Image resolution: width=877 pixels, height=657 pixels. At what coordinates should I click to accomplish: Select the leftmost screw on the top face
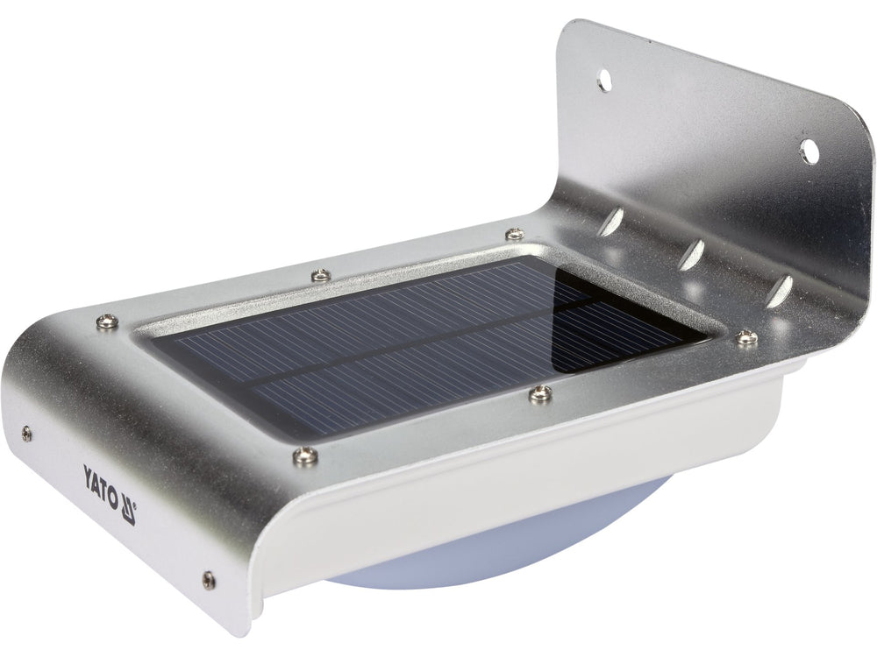pyautogui.click(x=108, y=321)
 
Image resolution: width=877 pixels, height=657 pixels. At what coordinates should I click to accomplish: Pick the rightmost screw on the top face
pyautogui.click(x=746, y=336)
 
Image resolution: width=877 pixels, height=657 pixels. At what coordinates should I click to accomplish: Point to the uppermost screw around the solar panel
pyautogui.click(x=515, y=235)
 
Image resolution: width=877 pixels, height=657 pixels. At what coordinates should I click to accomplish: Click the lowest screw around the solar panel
pyautogui.click(x=305, y=455)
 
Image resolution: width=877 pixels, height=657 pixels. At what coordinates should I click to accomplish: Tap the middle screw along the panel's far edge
pyautogui.click(x=321, y=275)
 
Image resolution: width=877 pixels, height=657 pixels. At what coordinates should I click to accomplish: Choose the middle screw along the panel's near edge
pyautogui.click(x=540, y=393)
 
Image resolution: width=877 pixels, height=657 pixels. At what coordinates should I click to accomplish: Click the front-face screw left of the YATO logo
pyautogui.click(x=27, y=433)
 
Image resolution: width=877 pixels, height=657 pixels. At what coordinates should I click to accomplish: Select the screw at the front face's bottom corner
pyautogui.click(x=208, y=579)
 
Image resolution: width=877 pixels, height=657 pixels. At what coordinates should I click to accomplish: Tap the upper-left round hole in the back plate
pyautogui.click(x=604, y=81)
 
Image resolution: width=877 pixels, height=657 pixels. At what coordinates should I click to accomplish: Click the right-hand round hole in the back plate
pyautogui.click(x=809, y=152)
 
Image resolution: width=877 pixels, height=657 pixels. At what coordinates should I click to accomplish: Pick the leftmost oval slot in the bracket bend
pyautogui.click(x=611, y=222)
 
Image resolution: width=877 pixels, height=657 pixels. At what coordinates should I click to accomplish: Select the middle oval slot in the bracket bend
pyautogui.click(x=693, y=256)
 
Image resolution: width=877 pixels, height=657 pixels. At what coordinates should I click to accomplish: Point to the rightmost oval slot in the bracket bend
pyautogui.click(x=779, y=291)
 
